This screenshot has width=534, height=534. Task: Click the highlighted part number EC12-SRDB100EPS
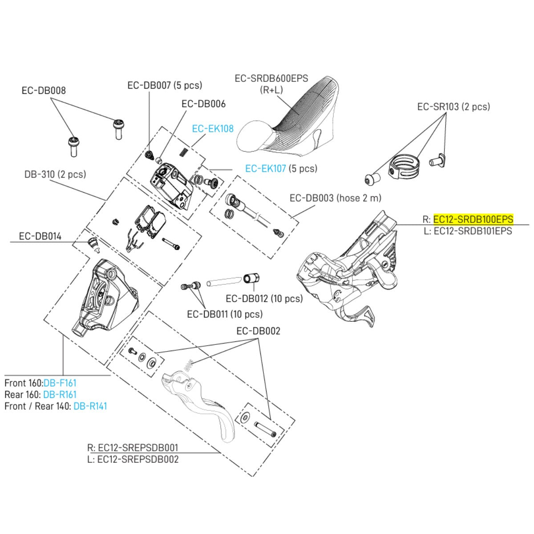pyautogui.click(x=473, y=219)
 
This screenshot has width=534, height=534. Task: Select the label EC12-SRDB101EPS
pyautogui.click(x=473, y=231)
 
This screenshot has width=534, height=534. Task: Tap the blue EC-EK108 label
pyautogui.click(x=213, y=129)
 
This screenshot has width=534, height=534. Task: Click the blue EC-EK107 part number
pyautogui.click(x=266, y=168)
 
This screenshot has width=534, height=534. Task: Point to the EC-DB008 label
pyautogui.click(x=44, y=90)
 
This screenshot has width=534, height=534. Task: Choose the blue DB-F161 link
pyautogui.click(x=60, y=383)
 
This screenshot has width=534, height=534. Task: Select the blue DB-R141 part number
pyautogui.click(x=90, y=406)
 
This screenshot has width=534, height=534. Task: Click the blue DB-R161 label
pyautogui.click(x=60, y=394)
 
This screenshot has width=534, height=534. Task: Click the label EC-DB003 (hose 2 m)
pyautogui.click(x=335, y=198)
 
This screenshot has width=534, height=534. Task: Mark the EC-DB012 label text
pyautogui.click(x=264, y=299)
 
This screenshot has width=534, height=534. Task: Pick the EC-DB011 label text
pyautogui.click(x=225, y=314)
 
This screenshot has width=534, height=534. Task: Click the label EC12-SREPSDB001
pyautogui.click(x=138, y=447)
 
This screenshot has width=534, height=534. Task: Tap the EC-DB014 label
pyautogui.click(x=40, y=236)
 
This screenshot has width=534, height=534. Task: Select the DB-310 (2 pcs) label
pyautogui.click(x=55, y=174)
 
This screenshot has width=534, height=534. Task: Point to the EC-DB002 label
pyautogui.click(x=258, y=331)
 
